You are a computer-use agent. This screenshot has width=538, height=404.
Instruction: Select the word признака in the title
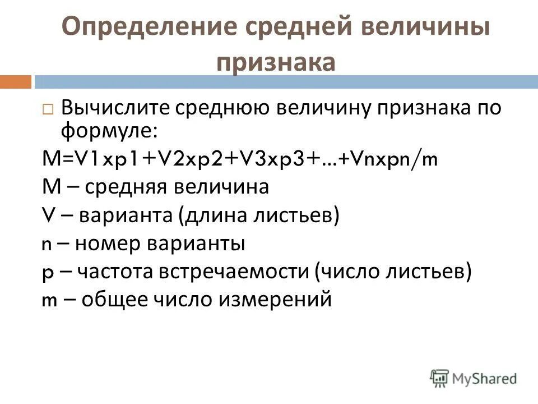coord(276,62)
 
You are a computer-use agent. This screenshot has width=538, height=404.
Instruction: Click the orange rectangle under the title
coord(15,82)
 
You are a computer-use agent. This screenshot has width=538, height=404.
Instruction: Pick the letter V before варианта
coord(48,216)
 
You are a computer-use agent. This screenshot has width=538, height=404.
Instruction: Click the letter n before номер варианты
coord(47,245)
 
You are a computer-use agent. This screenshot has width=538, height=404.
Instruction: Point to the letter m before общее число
coord(50,300)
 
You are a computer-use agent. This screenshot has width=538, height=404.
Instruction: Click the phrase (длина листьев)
coord(259,216)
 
